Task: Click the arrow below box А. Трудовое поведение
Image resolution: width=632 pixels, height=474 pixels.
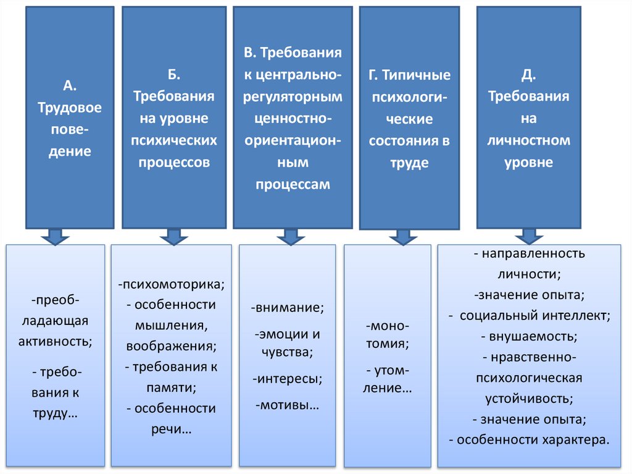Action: pos(55,237)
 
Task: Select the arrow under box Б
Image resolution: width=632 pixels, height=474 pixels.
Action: pos(173,237)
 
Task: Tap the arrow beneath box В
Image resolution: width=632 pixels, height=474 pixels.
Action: pos(287,237)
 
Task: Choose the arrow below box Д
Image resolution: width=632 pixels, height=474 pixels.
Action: pos(529,237)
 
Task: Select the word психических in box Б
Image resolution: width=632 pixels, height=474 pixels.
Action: pos(173,140)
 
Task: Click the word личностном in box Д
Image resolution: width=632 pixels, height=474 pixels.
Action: pos(528,140)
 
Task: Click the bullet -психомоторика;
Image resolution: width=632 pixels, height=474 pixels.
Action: pos(172,284)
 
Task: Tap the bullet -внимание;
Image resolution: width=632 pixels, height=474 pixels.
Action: pos(288,307)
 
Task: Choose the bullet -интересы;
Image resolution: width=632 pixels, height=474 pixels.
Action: pos(287,378)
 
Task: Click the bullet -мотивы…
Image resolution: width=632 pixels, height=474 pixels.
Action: pos(286,405)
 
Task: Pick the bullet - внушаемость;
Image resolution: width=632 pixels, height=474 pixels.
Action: pos(529,337)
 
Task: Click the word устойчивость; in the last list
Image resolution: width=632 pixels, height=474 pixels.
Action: pos(528,398)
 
